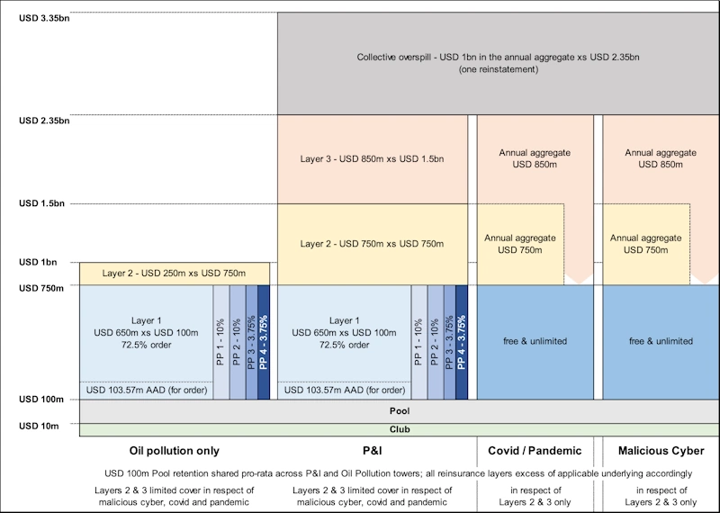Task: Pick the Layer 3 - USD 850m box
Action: [x=372, y=159]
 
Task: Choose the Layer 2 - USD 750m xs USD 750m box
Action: [x=372, y=244]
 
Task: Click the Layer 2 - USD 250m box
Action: [x=174, y=273]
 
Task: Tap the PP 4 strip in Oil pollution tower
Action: [x=263, y=342]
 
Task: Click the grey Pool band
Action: [x=399, y=411]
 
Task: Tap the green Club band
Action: [x=399, y=429]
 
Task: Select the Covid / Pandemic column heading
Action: [x=535, y=450]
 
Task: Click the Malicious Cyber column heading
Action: [x=661, y=450]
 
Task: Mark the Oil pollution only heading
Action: [x=175, y=450]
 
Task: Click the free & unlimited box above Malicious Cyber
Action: [x=661, y=341]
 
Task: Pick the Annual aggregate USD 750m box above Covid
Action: [x=520, y=244]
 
